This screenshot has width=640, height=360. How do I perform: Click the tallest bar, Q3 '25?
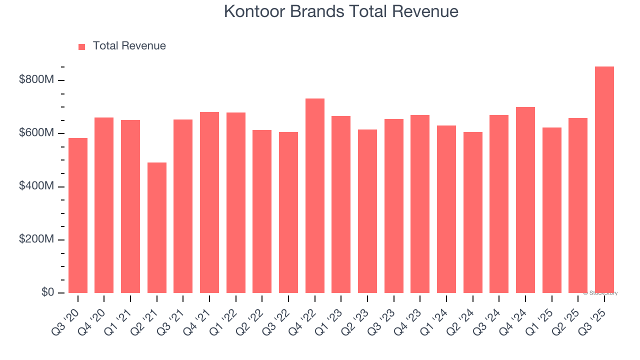[604, 180]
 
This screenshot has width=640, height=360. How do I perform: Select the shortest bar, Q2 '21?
[156, 227]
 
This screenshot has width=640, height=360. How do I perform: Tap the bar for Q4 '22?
[314, 195]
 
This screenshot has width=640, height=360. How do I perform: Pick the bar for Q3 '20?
[77, 215]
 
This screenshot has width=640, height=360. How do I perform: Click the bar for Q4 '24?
[525, 200]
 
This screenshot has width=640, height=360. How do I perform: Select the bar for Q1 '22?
[235, 202]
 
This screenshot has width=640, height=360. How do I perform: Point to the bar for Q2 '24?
[472, 212]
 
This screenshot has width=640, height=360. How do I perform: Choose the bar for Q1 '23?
[341, 204]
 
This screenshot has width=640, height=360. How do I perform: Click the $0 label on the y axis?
[47, 292]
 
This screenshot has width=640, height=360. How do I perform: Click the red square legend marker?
[82, 46]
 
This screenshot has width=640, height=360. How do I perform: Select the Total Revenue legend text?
[129, 46]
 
